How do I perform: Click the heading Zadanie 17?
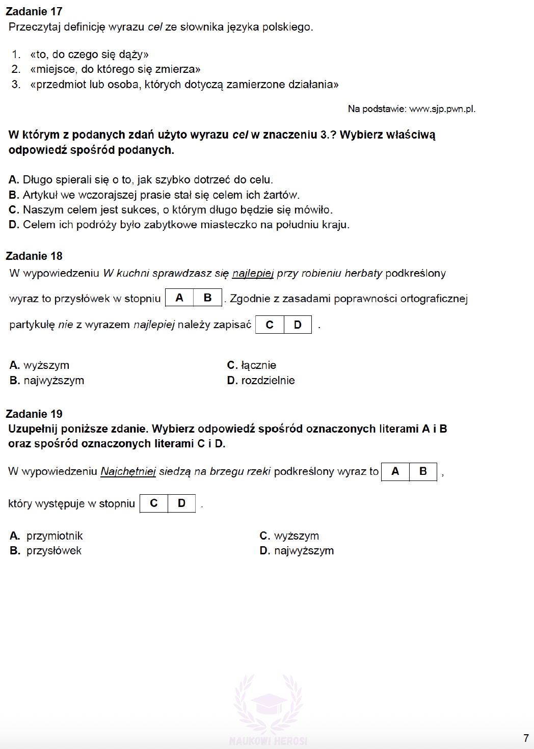click(x=34, y=11)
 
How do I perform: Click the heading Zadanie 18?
click(x=34, y=256)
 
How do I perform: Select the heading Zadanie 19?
click(x=34, y=414)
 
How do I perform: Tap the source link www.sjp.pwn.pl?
click(x=442, y=109)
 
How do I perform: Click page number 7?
click(x=526, y=738)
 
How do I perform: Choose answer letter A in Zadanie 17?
click(x=13, y=180)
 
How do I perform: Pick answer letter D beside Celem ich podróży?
click(x=13, y=225)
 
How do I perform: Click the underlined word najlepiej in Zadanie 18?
click(x=253, y=274)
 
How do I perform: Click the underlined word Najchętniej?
click(x=128, y=471)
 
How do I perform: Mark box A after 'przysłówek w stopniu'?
click(x=179, y=298)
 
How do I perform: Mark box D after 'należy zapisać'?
click(x=298, y=325)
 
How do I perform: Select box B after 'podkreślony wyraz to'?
click(x=423, y=471)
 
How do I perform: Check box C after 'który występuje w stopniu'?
click(x=154, y=503)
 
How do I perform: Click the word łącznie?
click(x=258, y=365)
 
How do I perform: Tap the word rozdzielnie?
click(x=268, y=381)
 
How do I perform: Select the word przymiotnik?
click(x=55, y=536)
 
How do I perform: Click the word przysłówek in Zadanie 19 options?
click(x=54, y=551)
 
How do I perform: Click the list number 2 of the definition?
click(x=16, y=69)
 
